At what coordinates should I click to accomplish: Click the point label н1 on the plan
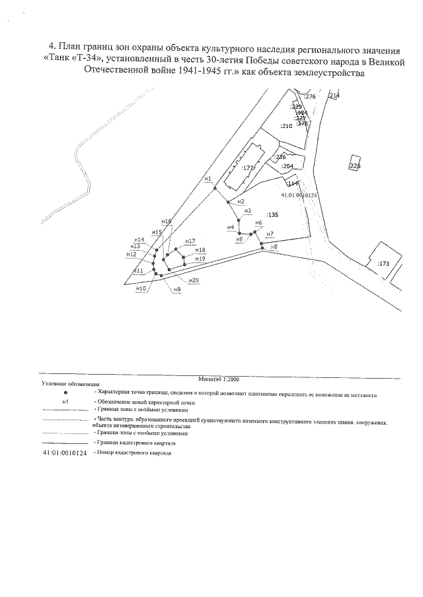click(x=207, y=179)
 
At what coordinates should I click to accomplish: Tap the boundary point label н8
click(x=273, y=247)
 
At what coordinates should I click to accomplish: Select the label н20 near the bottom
click(x=194, y=280)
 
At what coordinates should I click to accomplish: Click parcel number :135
click(x=272, y=215)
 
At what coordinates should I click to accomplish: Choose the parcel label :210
click(x=286, y=125)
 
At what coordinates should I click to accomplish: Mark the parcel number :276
click(x=311, y=97)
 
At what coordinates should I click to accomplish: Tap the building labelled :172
click(x=248, y=169)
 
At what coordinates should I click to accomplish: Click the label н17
click(x=190, y=241)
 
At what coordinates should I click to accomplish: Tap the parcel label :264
click(x=288, y=167)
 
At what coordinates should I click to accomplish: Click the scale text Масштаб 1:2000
click(x=219, y=380)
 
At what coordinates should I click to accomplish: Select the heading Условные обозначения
click(x=70, y=384)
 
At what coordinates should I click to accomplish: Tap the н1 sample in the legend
click(x=65, y=401)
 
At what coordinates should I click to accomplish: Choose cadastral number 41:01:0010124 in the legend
click(x=64, y=455)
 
